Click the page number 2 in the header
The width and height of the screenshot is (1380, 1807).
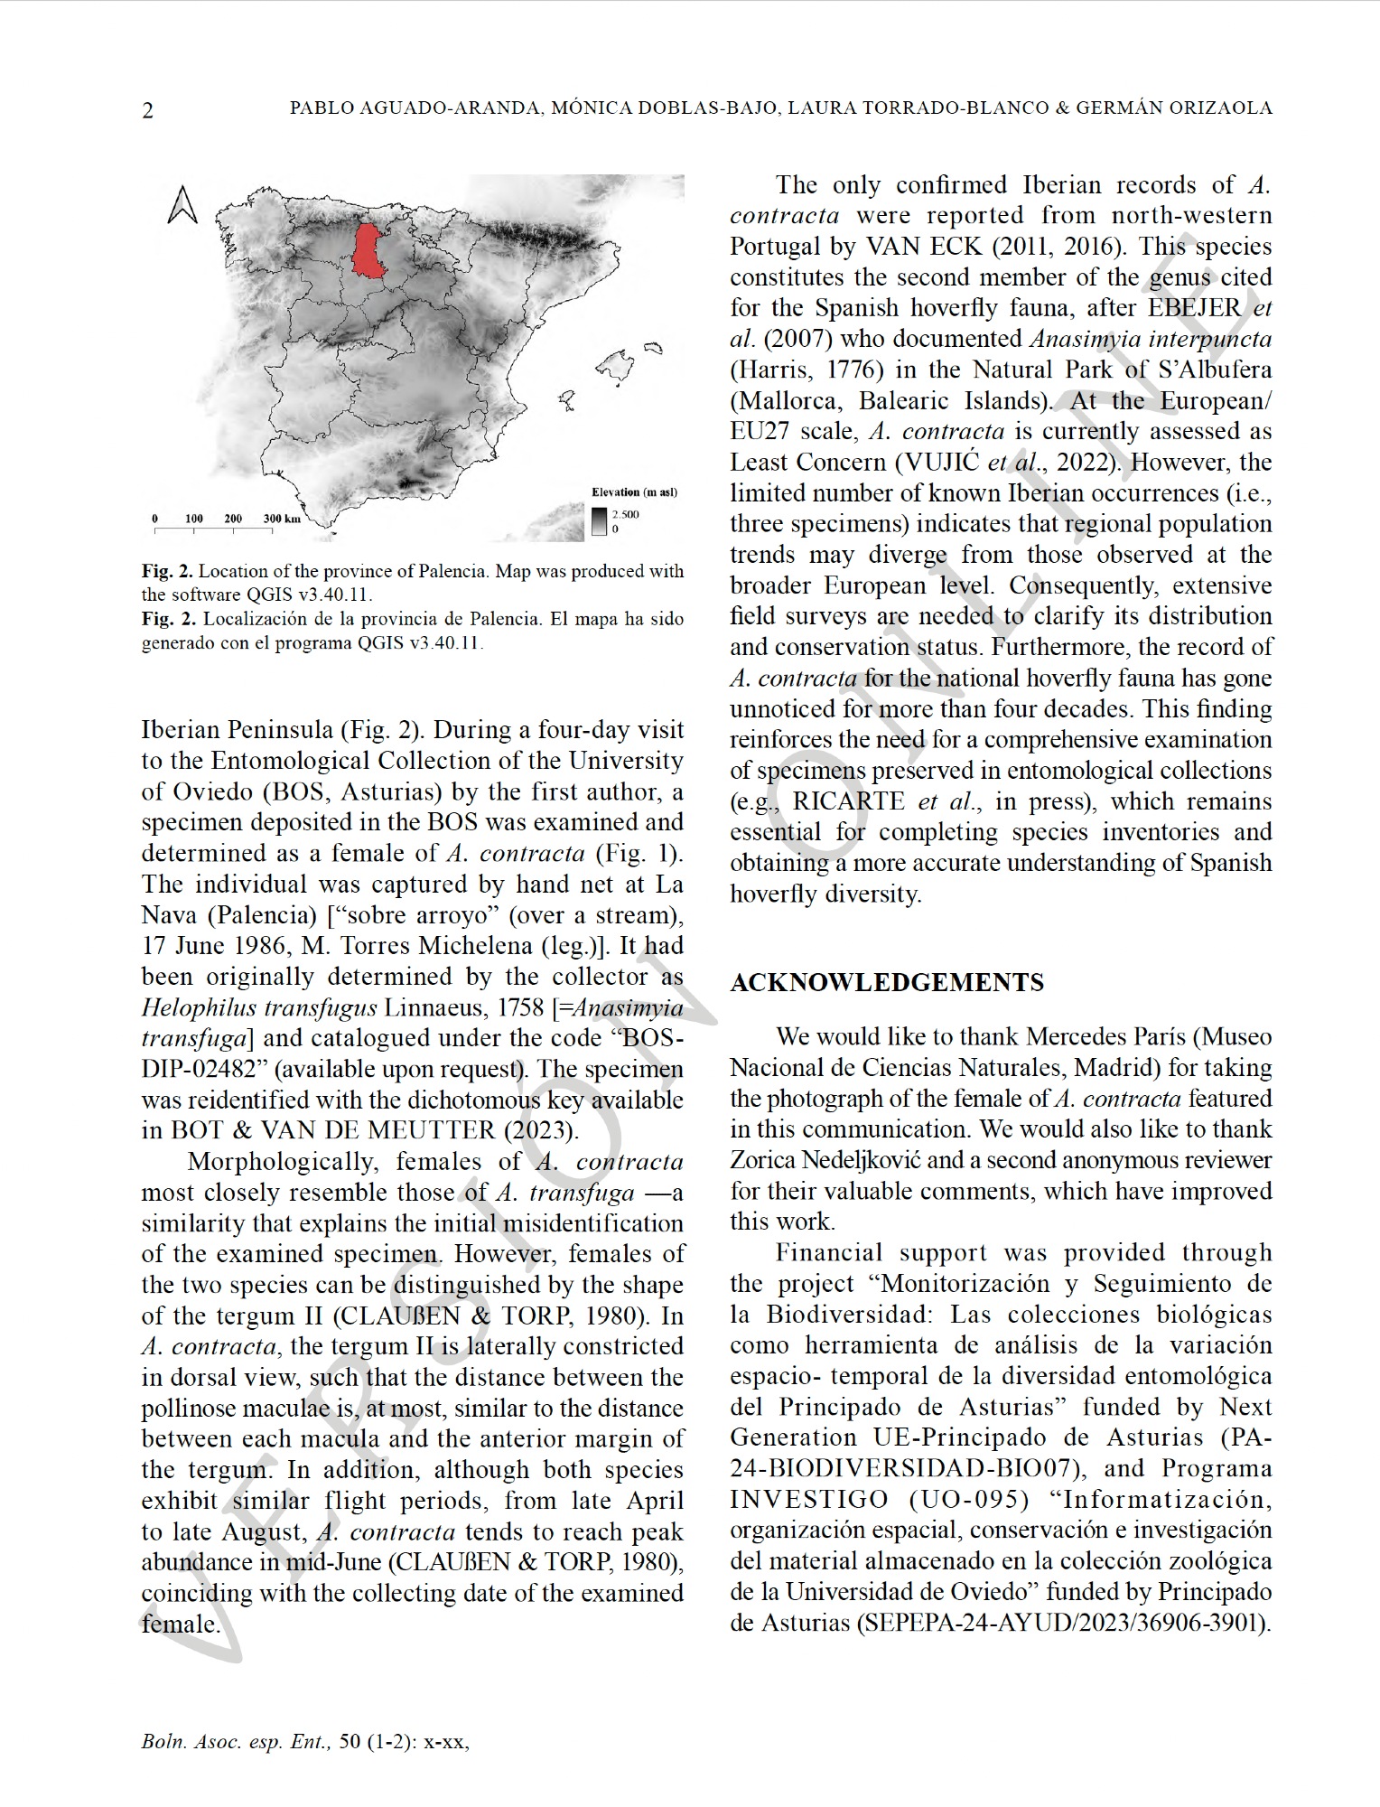tap(148, 110)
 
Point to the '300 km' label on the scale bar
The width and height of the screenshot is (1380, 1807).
tap(282, 519)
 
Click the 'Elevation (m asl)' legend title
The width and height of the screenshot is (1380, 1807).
tap(634, 492)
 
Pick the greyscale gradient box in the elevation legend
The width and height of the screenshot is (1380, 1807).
tap(600, 521)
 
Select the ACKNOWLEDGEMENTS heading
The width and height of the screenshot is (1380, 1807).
tap(887, 983)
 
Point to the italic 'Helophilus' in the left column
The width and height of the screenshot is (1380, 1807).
tap(197, 1007)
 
